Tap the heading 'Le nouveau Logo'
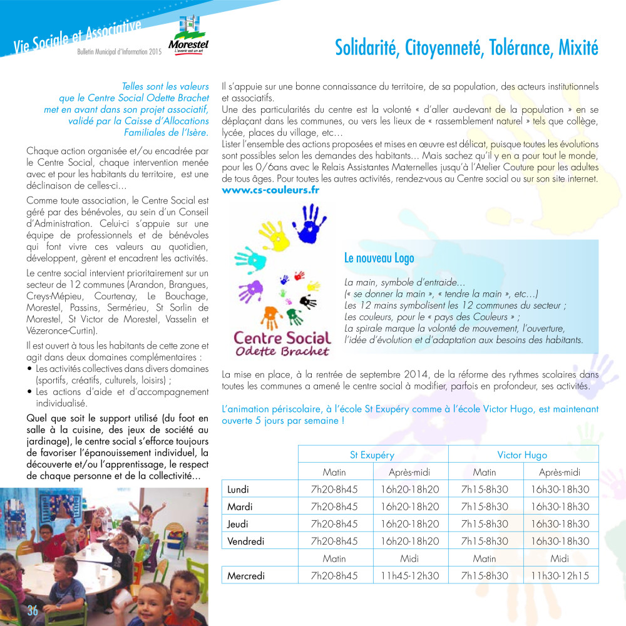click(379, 258)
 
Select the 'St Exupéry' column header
click(372, 454)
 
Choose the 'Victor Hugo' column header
click(522, 454)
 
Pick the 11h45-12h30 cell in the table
click(409, 575)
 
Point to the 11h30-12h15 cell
click(560, 575)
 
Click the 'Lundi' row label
click(238, 489)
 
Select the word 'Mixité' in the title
click(576, 48)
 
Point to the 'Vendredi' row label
click(245, 541)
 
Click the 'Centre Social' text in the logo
click(281, 338)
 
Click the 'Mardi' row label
click(240, 506)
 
